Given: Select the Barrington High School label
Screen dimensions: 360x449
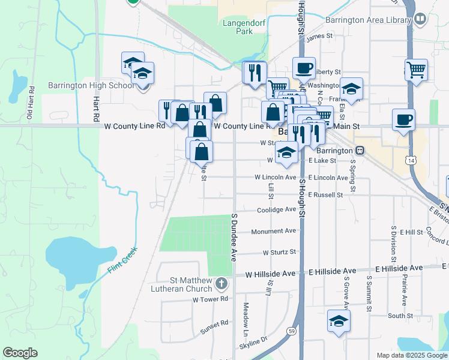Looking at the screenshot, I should tap(92, 85).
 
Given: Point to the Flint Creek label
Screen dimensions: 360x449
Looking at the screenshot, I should tap(122, 260).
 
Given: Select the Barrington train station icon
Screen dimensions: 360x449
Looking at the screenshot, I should tap(360, 150).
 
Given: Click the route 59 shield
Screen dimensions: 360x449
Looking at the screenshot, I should tap(292, 331).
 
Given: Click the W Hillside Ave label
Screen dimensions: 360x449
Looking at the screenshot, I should tap(271, 274).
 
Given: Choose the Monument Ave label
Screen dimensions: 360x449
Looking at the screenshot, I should tap(274, 231).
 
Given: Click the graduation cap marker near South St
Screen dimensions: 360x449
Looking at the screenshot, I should tap(339, 321).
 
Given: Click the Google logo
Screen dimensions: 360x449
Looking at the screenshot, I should tap(20, 353).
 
